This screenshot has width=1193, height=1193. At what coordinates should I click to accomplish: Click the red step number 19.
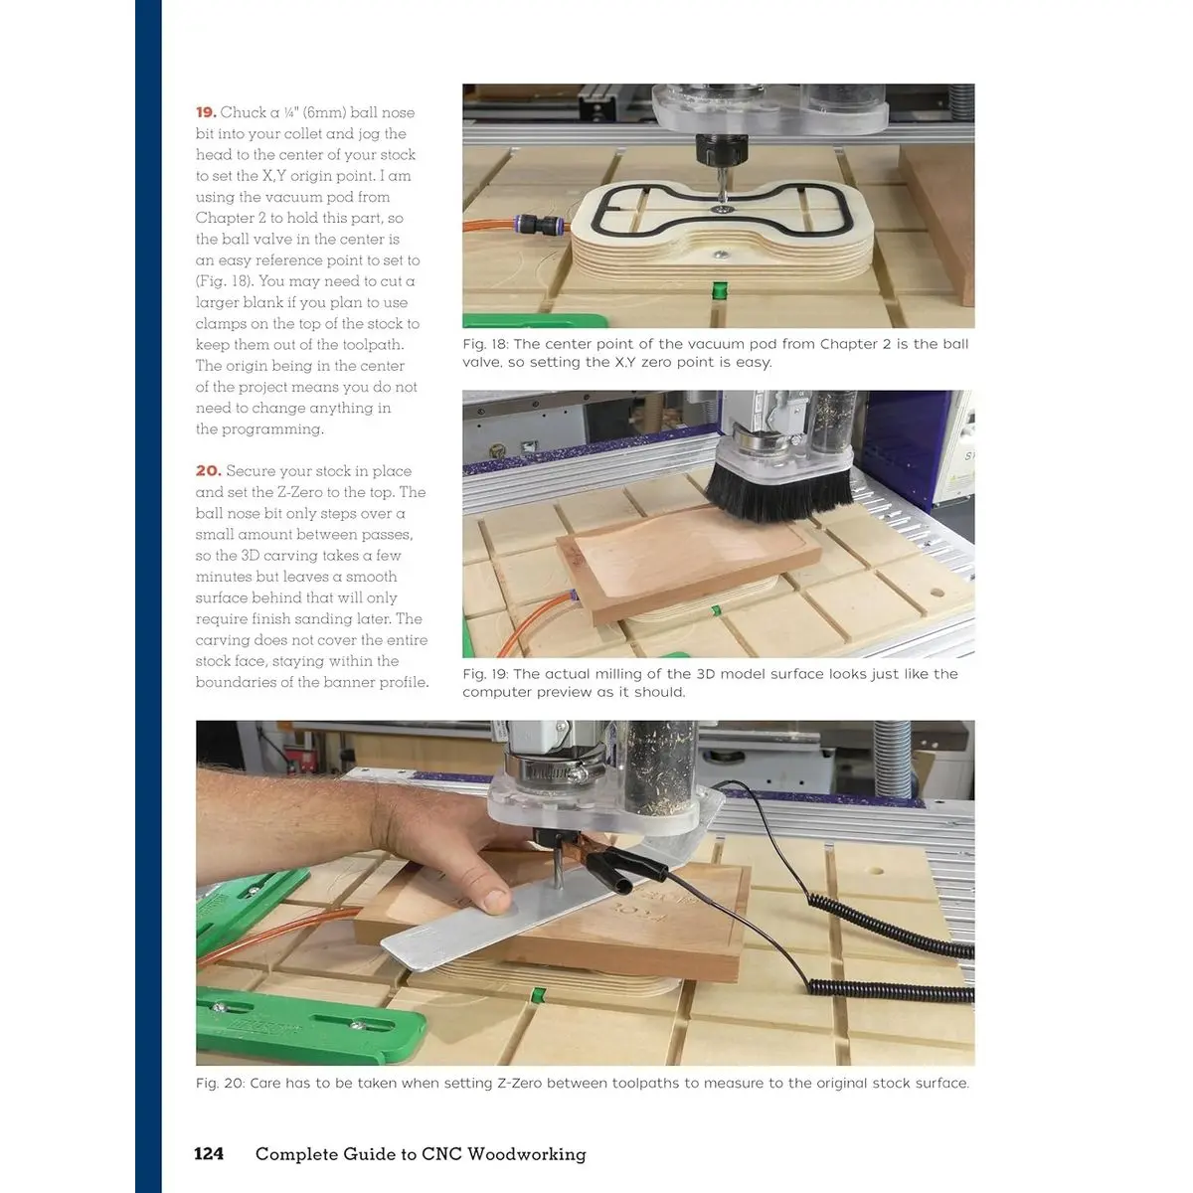(x=206, y=112)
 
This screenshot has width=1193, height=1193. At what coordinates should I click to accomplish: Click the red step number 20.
(x=208, y=471)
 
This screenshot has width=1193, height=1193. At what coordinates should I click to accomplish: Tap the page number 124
(x=209, y=1154)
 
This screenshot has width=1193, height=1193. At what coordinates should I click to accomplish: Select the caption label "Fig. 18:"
(x=485, y=344)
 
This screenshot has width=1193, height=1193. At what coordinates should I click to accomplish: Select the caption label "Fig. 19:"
(x=485, y=674)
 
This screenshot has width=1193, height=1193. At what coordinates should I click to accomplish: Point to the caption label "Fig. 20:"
(x=220, y=1084)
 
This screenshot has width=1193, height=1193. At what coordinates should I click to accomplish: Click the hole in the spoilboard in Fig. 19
(x=937, y=593)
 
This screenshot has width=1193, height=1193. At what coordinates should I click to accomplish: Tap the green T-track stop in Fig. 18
(x=720, y=289)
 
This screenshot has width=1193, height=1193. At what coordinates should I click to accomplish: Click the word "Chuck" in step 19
(x=244, y=112)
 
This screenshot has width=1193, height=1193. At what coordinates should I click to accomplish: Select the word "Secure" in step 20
(x=249, y=471)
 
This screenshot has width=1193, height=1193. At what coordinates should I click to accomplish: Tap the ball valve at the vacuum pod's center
(x=721, y=210)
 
